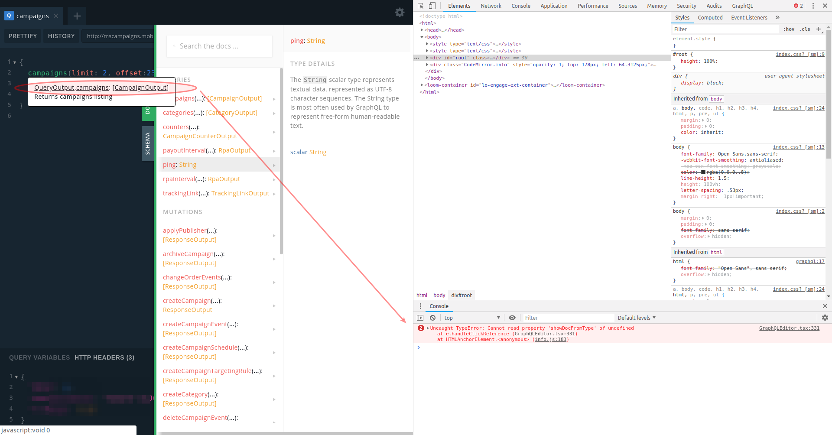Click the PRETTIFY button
pyautogui.click(x=23, y=36)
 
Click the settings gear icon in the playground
pyautogui.click(x=400, y=13)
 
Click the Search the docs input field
pyautogui.click(x=219, y=46)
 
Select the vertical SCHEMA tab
pyautogui.click(x=147, y=143)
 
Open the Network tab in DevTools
pyautogui.click(x=491, y=6)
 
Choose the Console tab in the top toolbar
pyautogui.click(x=520, y=6)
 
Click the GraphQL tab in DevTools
pyautogui.click(x=742, y=6)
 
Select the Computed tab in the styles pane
pyautogui.click(x=710, y=18)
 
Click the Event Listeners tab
pyautogui.click(x=749, y=18)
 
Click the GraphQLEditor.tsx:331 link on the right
pyautogui.click(x=789, y=328)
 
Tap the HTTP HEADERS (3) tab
pyautogui.click(x=104, y=357)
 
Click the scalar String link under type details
pyautogui.click(x=308, y=152)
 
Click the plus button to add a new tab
pyautogui.click(x=77, y=16)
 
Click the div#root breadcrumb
pyautogui.click(x=461, y=295)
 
